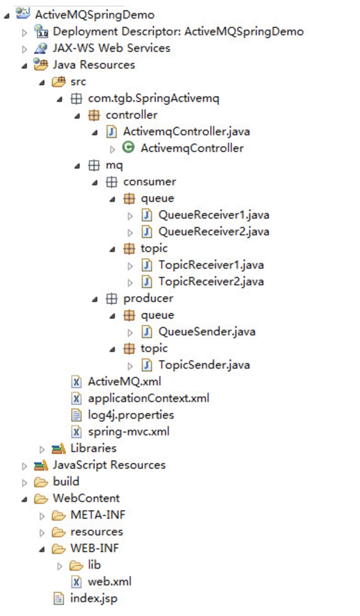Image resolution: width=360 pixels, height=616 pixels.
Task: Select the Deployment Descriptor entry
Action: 178,32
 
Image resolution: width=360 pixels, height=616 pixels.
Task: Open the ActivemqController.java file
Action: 186,131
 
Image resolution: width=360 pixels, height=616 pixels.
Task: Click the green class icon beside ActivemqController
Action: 128,148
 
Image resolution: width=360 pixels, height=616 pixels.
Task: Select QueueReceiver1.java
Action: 214,215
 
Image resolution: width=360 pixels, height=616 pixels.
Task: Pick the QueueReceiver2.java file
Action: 214,232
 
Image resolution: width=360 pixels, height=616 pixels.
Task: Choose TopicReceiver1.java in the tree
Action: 211,265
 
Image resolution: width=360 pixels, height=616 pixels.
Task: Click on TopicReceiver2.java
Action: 211,281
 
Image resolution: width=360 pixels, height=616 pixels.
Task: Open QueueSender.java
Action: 207,332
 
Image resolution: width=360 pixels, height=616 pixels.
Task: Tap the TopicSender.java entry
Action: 204,365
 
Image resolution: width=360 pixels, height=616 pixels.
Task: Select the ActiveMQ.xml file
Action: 124,382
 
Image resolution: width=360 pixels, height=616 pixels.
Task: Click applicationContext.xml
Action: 148,398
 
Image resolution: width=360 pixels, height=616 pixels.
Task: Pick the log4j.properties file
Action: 131,415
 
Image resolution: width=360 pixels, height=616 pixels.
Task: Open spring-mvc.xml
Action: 128,431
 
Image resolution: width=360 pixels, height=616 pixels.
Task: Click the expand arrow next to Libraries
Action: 42,449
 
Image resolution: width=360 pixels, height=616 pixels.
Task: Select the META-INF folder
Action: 97,515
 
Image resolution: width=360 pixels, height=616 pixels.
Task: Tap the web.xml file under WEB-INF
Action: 109,582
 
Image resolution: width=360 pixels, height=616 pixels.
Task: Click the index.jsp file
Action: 93,598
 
